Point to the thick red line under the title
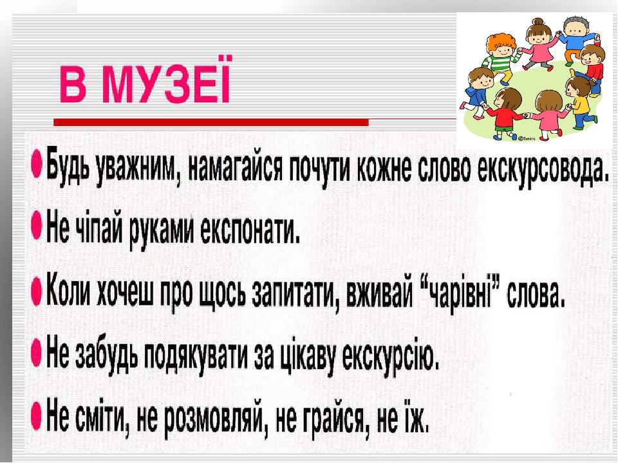click(x=211, y=122)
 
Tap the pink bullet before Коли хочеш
click(x=37, y=293)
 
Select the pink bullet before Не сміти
click(x=37, y=417)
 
